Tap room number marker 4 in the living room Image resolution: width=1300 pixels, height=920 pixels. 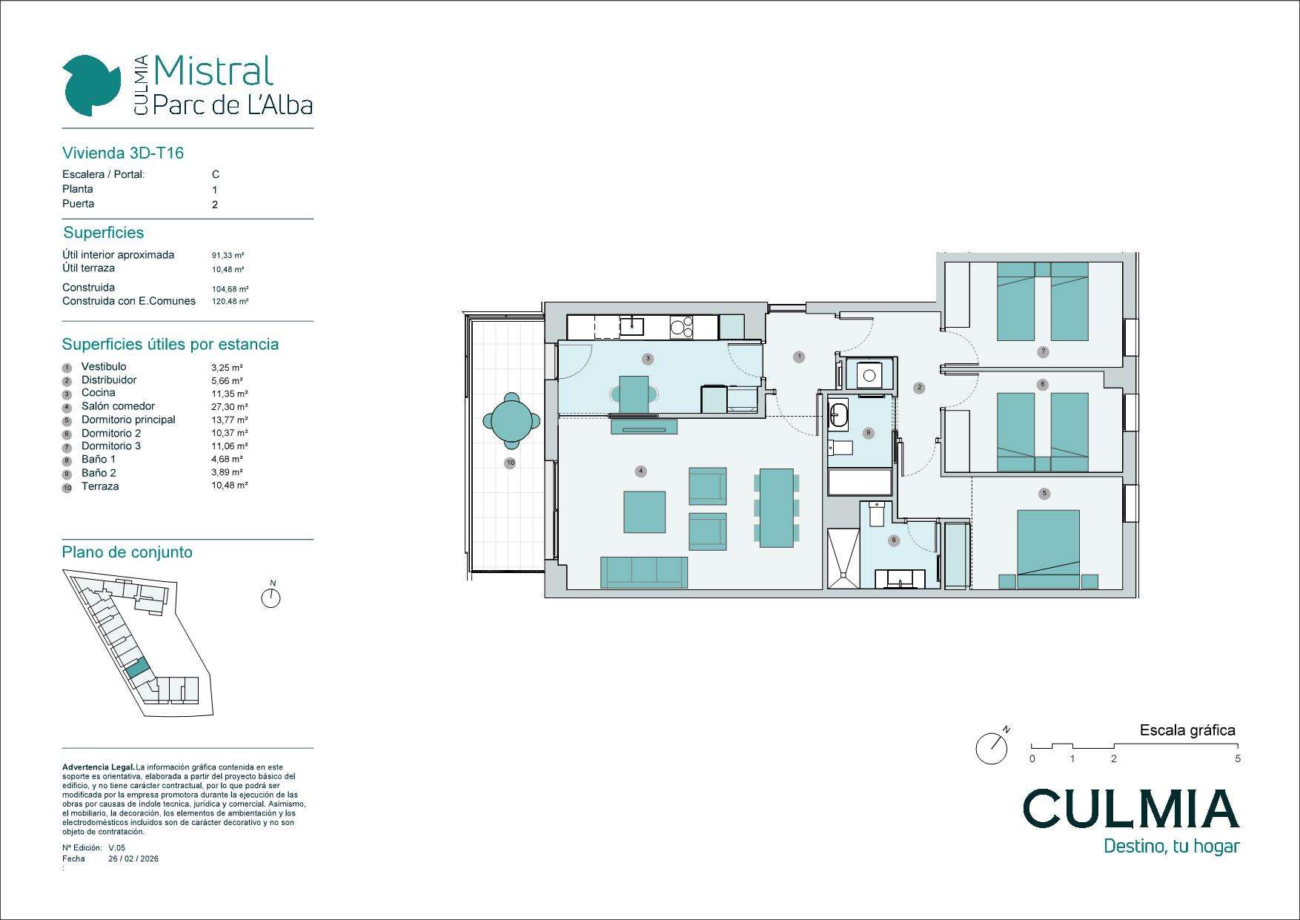coord(641,471)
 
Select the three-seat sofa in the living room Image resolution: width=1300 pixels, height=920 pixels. coord(644,572)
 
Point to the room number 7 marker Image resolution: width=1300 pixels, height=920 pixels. coord(1043,351)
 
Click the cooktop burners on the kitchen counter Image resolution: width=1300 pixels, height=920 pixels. coord(681,326)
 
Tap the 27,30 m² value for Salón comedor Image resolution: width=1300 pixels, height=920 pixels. coord(230,407)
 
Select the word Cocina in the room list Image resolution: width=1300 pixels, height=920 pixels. coord(99,393)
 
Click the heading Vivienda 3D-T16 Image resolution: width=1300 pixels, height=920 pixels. coord(123,153)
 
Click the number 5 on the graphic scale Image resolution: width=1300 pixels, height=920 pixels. coord(1238,759)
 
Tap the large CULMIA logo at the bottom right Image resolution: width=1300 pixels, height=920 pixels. coord(1131,808)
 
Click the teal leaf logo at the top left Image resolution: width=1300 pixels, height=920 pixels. coord(92,85)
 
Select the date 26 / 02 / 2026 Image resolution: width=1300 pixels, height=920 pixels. coord(133,859)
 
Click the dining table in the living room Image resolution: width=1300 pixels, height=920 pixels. coord(777,508)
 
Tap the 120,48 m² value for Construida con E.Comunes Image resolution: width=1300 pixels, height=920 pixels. coord(230,302)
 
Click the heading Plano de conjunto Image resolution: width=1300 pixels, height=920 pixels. coord(127,552)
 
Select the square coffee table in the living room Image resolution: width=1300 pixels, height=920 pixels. coord(645,512)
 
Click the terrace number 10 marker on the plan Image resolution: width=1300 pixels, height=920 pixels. coord(510,463)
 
